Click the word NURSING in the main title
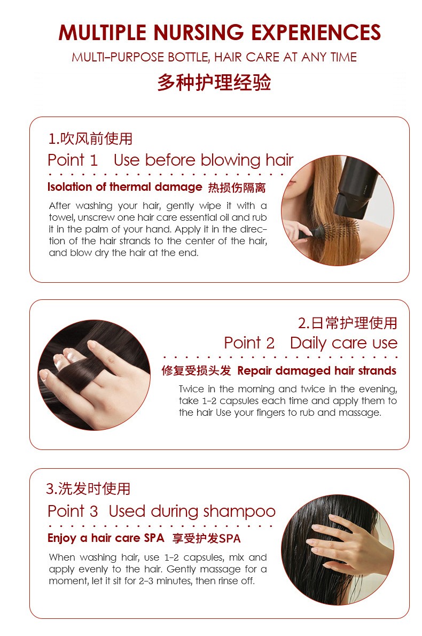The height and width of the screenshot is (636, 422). click(198, 33)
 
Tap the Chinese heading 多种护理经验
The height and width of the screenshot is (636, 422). click(214, 82)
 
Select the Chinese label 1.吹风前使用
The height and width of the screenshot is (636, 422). click(90, 139)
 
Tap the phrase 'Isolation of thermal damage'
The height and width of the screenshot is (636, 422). click(124, 187)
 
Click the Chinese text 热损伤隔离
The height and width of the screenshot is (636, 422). click(237, 188)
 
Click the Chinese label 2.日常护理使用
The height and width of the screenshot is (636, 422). click(348, 323)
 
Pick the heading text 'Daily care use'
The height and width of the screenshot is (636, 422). click(344, 343)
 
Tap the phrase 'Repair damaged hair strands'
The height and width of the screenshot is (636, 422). click(317, 371)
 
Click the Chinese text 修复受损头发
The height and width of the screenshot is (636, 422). click(196, 371)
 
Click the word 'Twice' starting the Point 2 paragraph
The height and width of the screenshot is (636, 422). click(192, 389)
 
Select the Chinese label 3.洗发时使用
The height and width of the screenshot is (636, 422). click(88, 489)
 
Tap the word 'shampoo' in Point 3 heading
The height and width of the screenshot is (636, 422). click(239, 512)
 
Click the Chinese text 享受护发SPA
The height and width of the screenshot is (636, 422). click(207, 539)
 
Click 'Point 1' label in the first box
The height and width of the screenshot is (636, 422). click(73, 160)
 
